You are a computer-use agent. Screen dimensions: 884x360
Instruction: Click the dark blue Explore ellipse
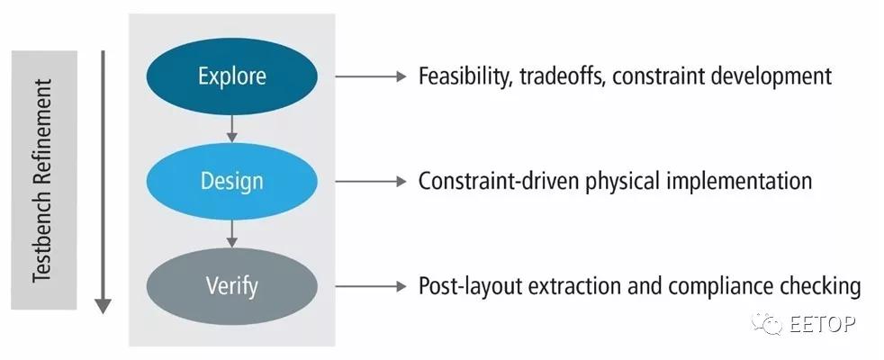coord(231,76)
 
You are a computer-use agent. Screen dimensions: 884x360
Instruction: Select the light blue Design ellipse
coord(231,182)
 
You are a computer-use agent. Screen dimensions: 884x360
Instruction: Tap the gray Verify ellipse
coord(231,286)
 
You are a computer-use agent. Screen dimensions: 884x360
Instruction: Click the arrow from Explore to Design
coord(231,129)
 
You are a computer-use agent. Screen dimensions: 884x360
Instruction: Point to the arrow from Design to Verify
coord(231,234)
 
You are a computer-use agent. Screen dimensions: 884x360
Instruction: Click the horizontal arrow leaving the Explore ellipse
coord(371,76)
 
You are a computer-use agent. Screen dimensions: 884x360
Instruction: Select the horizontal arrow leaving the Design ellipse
coord(371,182)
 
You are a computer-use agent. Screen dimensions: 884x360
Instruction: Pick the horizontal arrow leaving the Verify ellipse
coord(371,286)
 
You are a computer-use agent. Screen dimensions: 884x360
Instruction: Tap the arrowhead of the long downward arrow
coord(103,305)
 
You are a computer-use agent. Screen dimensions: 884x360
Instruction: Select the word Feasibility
coord(465,76)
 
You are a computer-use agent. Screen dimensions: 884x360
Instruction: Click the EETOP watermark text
coord(822,323)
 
